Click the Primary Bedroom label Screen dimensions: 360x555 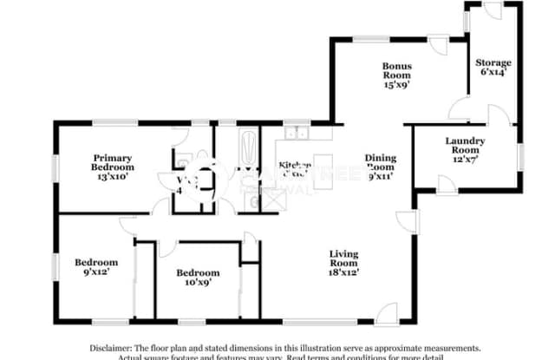point(114,160)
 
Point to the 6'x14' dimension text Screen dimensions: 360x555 point(492,74)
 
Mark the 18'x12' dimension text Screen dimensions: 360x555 point(343,271)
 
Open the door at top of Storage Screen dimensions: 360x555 point(491,10)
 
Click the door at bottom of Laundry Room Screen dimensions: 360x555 point(443,185)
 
